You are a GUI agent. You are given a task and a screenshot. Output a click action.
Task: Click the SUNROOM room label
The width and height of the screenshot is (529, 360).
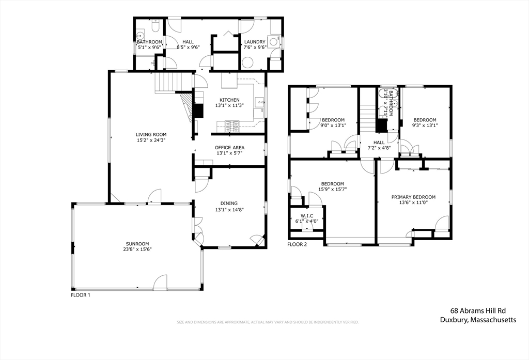[x=137, y=244]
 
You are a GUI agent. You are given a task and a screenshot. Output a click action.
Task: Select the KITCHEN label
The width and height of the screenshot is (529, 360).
[x=229, y=100]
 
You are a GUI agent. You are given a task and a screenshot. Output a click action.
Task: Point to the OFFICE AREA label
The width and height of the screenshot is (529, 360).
[x=229, y=148]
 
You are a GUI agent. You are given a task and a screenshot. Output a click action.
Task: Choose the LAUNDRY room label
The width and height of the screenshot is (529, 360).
[x=255, y=42]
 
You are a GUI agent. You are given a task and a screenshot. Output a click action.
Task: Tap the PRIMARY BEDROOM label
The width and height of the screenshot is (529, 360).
[x=413, y=197]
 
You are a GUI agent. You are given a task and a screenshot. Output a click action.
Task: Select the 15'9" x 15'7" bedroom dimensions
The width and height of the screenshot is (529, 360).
[x=333, y=189]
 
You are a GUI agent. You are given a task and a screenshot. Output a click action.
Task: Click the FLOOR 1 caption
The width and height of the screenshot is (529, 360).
[x=81, y=295]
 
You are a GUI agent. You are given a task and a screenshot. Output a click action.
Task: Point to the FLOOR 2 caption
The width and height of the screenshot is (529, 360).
[x=298, y=244]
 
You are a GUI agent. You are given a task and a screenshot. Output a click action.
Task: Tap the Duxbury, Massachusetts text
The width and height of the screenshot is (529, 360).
[x=478, y=320]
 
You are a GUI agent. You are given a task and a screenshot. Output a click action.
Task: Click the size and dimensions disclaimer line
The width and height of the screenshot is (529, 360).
[x=268, y=322]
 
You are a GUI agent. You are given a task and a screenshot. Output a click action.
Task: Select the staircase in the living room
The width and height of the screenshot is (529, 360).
[x=168, y=83]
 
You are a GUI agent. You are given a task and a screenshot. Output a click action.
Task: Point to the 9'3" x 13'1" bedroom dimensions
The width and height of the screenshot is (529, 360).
[x=424, y=125]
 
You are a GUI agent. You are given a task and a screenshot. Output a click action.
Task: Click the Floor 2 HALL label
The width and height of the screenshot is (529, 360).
[x=379, y=143]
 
